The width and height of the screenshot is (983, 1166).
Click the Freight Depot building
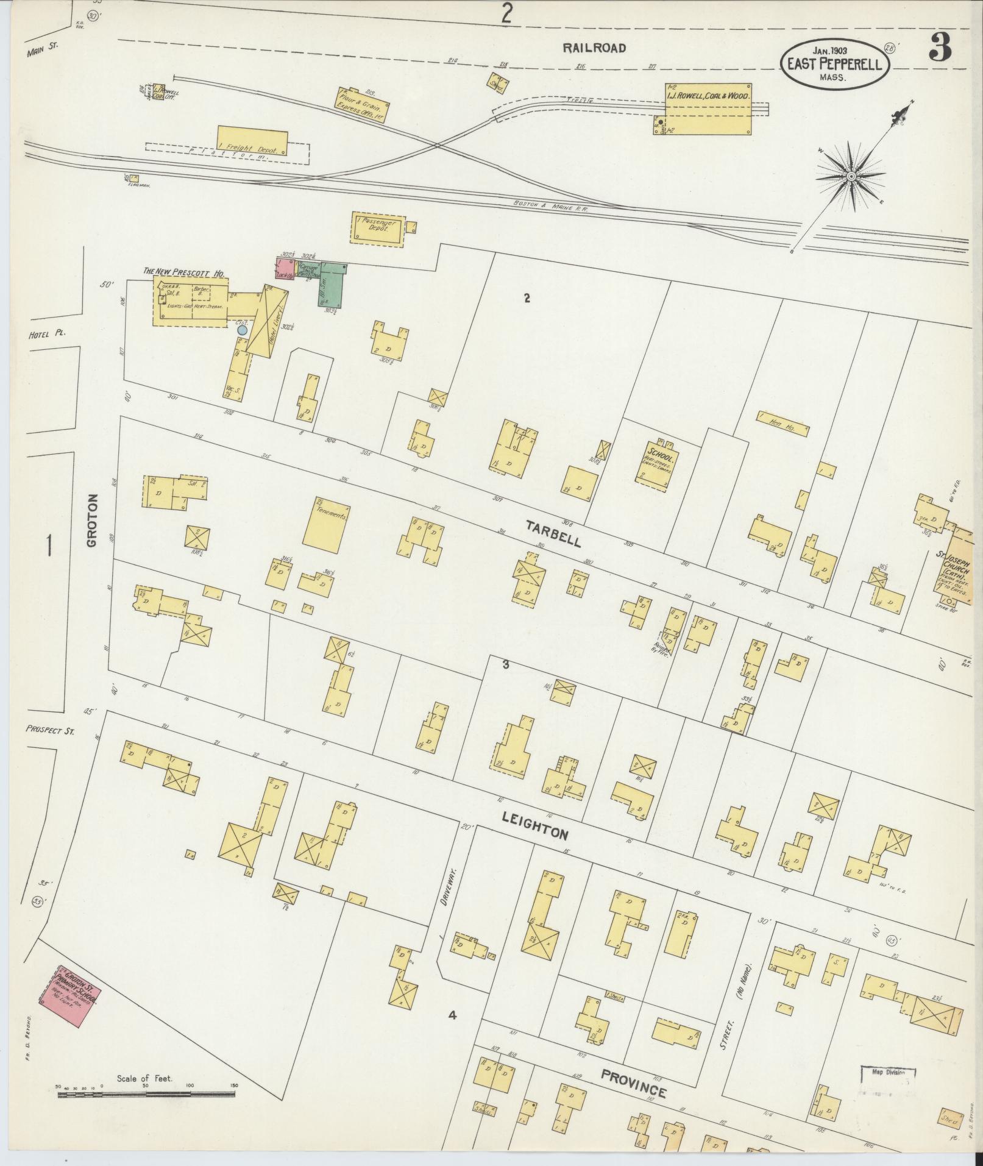click(x=252, y=141)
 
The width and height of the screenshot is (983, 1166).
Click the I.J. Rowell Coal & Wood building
click(x=708, y=108)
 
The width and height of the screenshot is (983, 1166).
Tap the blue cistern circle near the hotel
click(x=243, y=330)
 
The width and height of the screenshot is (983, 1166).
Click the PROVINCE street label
click(x=633, y=1074)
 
